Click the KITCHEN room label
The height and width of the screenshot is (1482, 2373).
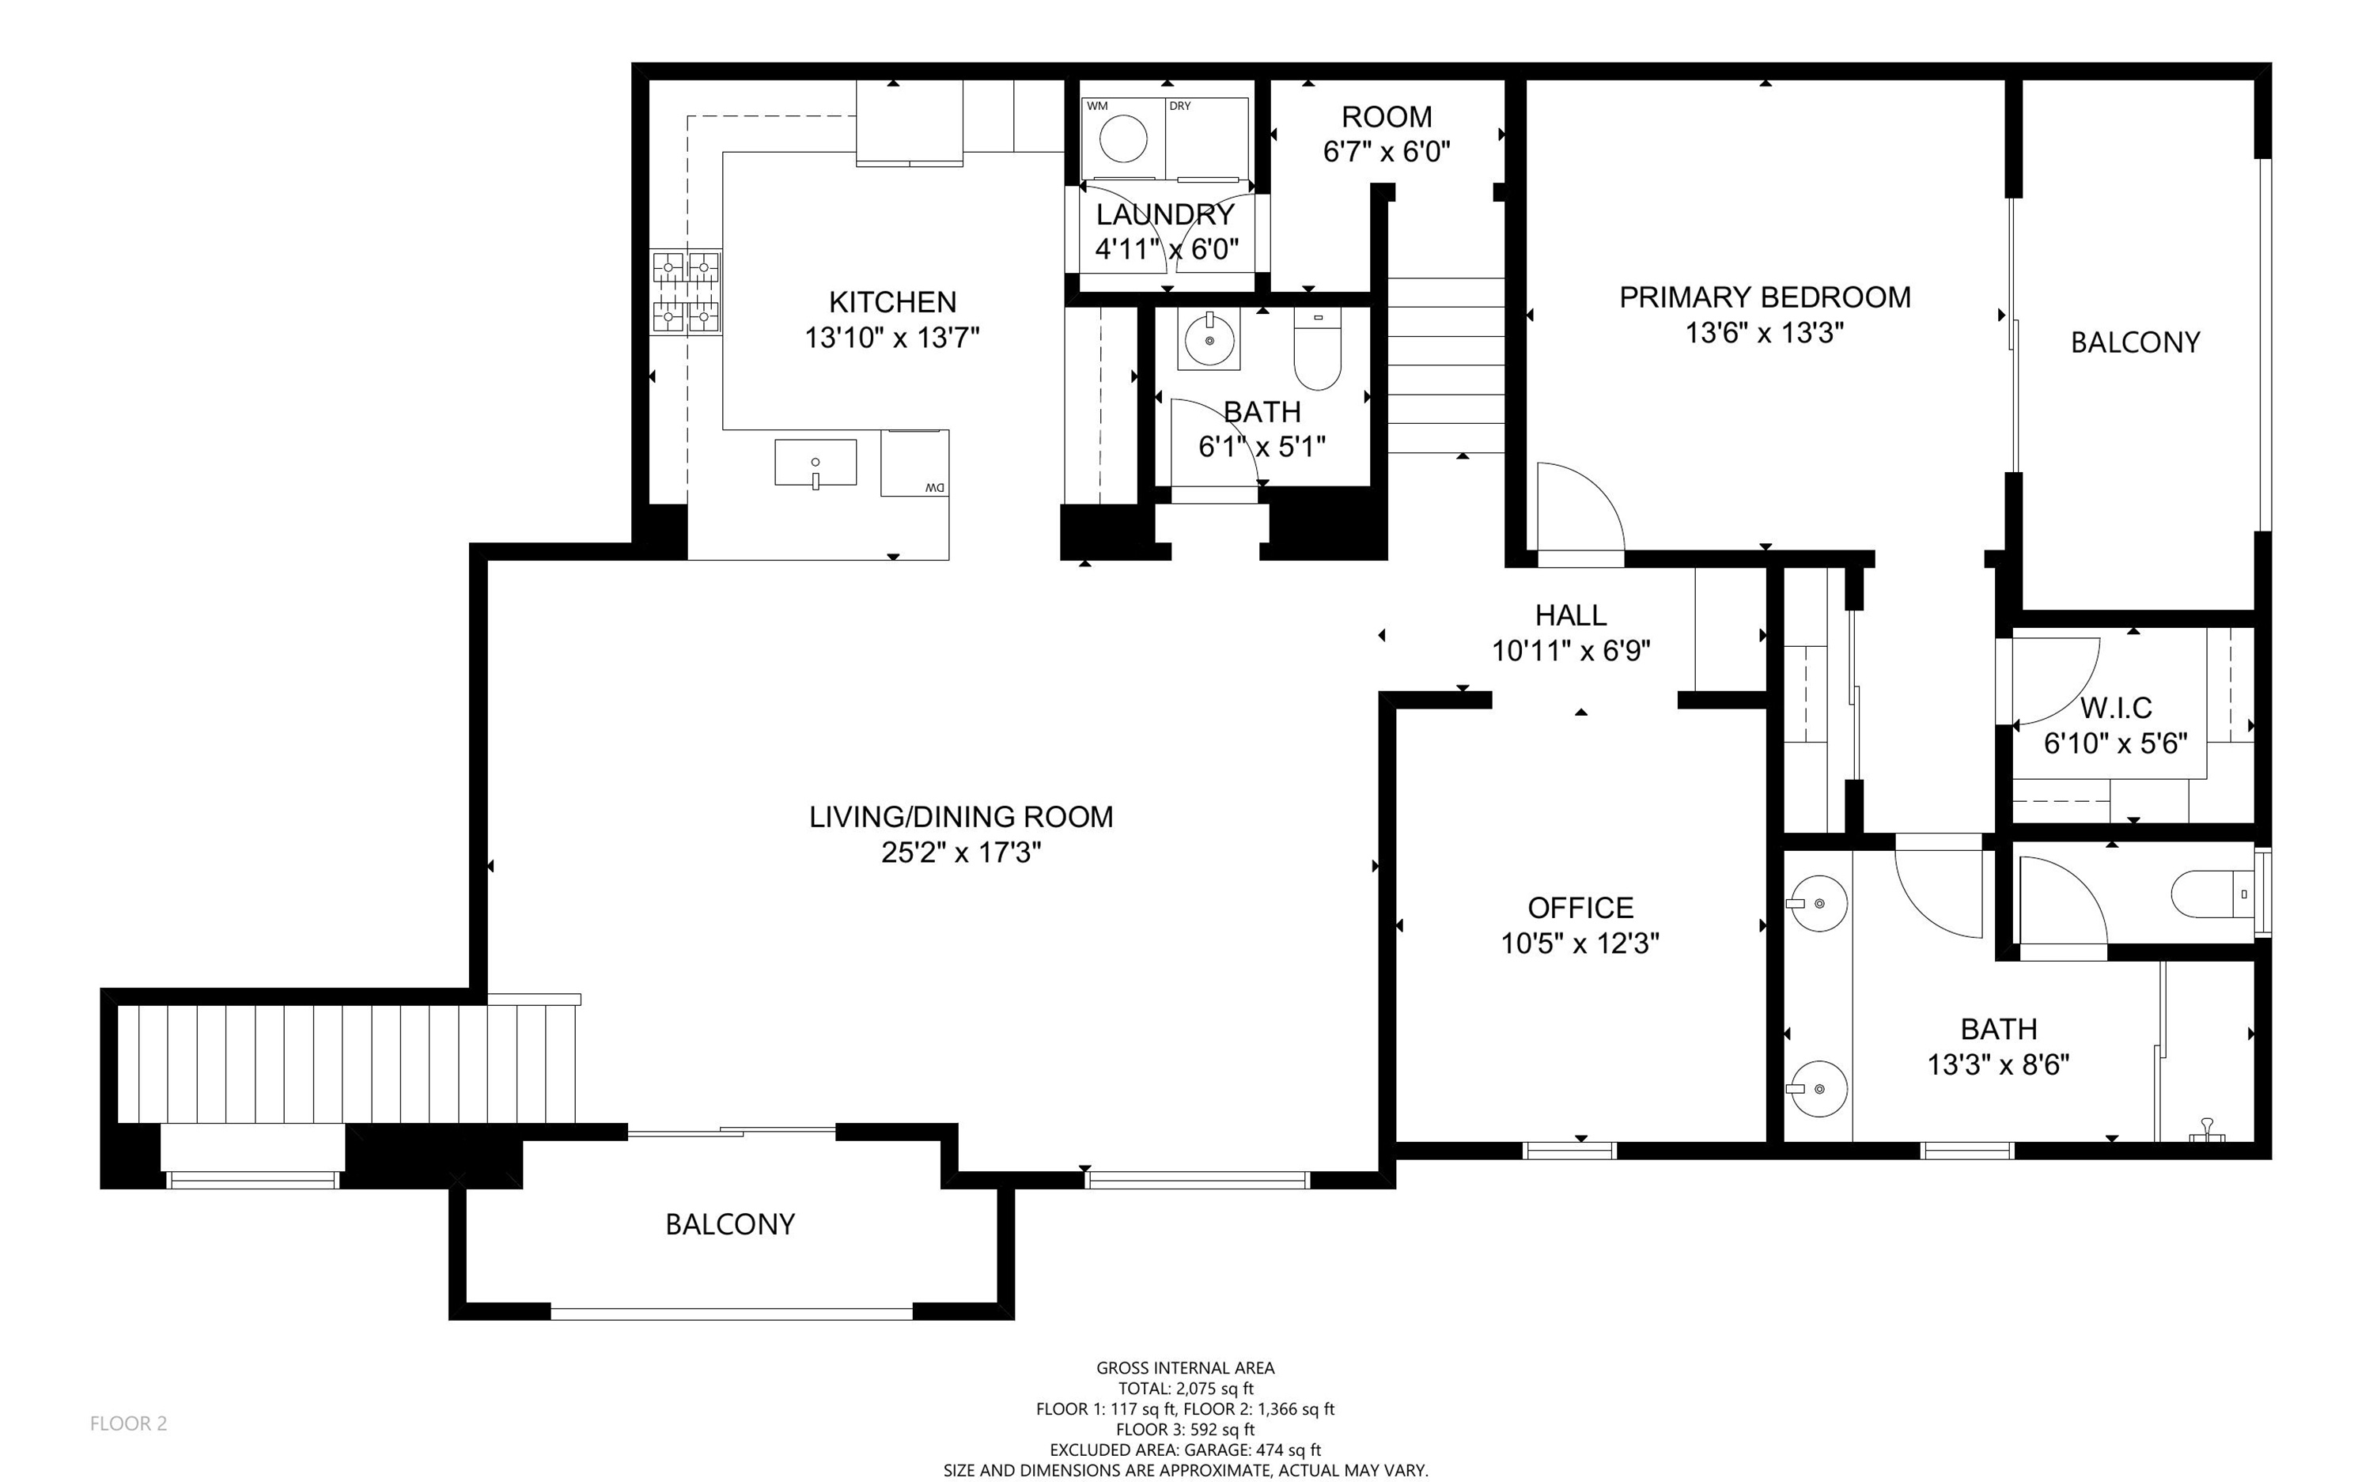tap(892, 302)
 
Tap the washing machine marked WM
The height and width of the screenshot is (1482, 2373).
tap(1122, 138)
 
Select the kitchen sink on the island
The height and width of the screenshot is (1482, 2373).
tap(815, 463)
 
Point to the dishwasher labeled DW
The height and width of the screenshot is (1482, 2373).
tap(914, 463)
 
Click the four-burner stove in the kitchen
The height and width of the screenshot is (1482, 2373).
tap(686, 292)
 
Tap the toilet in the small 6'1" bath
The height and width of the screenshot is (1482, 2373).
tap(1316, 349)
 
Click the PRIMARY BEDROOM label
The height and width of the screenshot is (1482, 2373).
tap(1764, 297)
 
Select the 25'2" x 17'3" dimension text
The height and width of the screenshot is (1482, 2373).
tap(960, 853)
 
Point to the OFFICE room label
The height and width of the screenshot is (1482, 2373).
tap(1580, 908)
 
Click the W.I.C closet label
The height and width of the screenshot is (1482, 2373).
tap(2116, 708)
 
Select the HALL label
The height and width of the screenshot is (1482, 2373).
tap(1570, 615)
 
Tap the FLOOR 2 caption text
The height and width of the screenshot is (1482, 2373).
tap(128, 1424)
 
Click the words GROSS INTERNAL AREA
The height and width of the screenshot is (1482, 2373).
tap(1185, 1368)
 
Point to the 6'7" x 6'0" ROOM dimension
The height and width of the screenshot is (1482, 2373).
tap(1387, 152)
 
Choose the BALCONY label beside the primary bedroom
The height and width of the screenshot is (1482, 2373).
tap(2135, 342)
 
